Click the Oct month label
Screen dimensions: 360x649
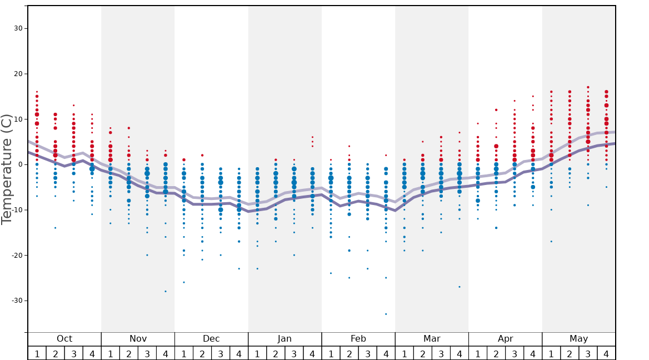tap(64, 339)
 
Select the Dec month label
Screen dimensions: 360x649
tap(211, 339)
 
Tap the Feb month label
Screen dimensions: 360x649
tap(358, 339)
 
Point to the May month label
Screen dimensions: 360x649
tap(578, 339)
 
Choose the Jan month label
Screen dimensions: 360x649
tap(284, 339)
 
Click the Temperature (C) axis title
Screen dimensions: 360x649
tap(7, 169)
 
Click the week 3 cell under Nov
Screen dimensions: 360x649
tap(147, 353)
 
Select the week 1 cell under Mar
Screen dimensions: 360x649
tap(404, 353)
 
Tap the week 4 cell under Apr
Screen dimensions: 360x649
tap(533, 353)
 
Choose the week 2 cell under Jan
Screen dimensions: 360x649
tap(276, 353)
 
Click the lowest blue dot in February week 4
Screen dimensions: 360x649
tap(386, 314)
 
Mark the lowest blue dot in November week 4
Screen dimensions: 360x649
tap(166, 291)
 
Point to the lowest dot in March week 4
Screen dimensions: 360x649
tap(460, 287)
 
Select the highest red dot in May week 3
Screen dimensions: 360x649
tap(588, 87)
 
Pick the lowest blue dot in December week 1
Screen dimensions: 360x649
tap(184, 282)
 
